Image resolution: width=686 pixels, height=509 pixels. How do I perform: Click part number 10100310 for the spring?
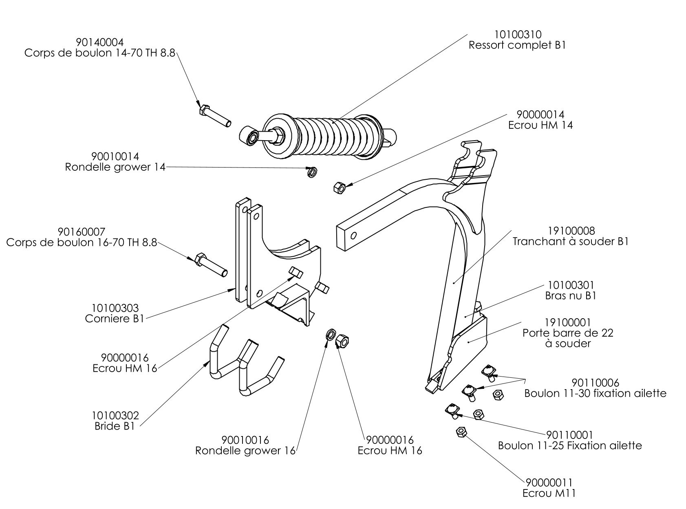tap(518, 35)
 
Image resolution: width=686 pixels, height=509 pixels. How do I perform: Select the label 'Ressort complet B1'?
tap(517, 45)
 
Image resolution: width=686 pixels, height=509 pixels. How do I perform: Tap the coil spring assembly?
tap(326, 137)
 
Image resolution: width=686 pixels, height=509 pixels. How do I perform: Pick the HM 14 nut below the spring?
tap(339, 188)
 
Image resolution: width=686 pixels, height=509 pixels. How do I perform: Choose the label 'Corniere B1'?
tap(115, 318)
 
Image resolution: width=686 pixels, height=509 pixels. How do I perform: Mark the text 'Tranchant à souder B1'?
tap(570, 242)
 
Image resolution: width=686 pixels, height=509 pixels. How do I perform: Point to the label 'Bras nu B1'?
tap(570, 295)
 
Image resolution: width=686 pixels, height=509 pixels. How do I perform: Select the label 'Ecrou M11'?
tap(549, 493)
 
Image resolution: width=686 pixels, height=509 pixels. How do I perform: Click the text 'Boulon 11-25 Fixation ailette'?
tap(570, 445)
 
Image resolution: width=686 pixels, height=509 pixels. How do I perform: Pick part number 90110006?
tap(595, 383)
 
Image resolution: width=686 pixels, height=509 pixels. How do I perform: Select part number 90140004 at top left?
tap(100, 42)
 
